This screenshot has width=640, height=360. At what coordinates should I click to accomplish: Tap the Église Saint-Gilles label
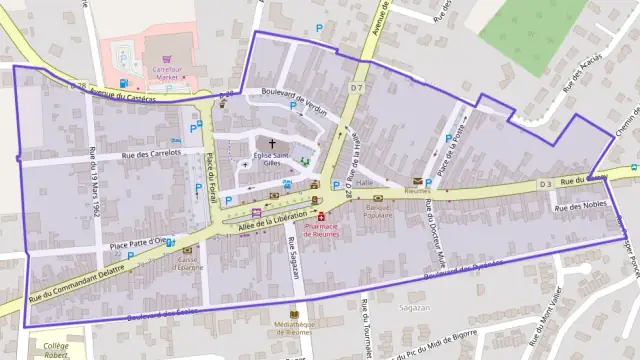270,160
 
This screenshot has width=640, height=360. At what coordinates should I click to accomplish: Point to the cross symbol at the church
271,143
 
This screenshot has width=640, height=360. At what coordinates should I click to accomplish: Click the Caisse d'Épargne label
186,263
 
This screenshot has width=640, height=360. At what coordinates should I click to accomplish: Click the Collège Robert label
56,350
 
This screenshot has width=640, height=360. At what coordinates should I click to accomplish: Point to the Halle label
364,183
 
